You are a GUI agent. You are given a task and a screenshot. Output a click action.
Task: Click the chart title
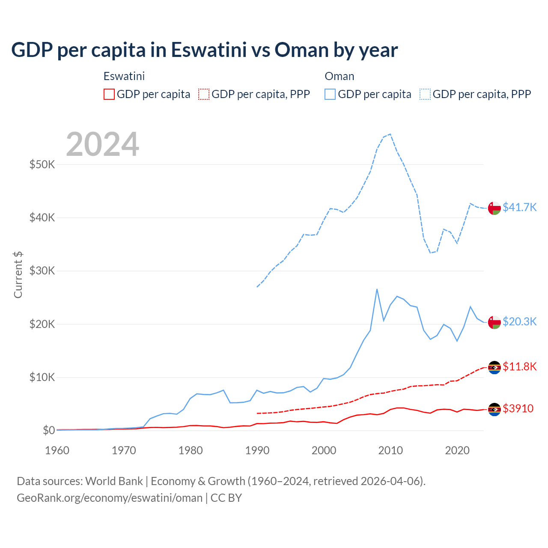tap(205, 50)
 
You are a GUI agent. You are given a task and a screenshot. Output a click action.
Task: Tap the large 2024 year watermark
tap(103, 144)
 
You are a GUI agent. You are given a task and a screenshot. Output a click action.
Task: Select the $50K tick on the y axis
tap(42, 164)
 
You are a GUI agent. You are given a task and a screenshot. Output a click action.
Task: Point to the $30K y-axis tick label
tap(42, 271)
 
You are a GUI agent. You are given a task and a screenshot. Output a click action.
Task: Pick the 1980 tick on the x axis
tap(191, 450)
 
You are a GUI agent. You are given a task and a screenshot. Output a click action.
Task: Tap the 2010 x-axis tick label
tap(390, 450)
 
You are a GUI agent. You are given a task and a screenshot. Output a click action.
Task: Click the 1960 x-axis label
tap(57, 450)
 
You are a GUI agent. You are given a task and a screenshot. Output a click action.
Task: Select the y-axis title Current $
tap(18, 274)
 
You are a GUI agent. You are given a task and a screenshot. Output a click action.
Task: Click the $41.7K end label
tap(519, 207)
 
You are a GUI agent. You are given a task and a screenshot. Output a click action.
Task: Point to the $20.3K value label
tap(519, 322)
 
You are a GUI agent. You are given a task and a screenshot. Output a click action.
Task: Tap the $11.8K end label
tap(519, 366)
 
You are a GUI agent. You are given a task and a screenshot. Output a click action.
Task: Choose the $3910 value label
tap(518, 408)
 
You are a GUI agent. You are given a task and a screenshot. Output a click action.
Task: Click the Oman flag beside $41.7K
tap(494, 208)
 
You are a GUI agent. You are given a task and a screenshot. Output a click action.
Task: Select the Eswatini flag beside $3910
tap(494, 409)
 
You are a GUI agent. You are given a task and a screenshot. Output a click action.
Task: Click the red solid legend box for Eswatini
tap(109, 94)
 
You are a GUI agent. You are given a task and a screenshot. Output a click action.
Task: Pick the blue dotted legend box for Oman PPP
tap(425, 94)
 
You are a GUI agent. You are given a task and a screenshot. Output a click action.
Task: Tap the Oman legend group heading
tap(340, 76)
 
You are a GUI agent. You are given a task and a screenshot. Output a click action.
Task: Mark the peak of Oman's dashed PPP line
tap(390, 134)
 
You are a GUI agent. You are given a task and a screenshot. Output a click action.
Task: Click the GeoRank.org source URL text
tap(110, 498)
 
